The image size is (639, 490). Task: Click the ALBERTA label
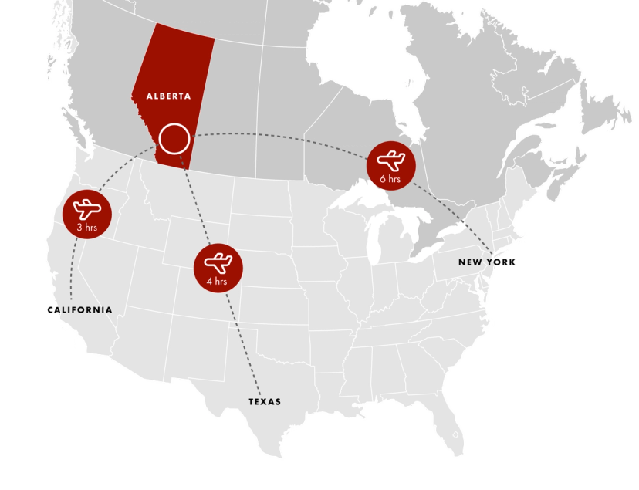(x=168, y=96)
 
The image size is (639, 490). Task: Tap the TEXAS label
(x=265, y=402)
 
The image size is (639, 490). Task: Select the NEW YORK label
(x=478, y=262)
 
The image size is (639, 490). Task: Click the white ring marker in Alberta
(x=174, y=139)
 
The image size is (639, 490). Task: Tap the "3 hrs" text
(x=86, y=228)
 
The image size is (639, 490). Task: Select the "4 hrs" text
(x=217, y=282)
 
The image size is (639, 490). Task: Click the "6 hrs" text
(x=390, y=179)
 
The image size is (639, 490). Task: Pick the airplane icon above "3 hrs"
(x=87, y=208)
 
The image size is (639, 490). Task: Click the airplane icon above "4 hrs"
(x=218, y=262)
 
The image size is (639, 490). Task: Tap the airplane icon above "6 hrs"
(x=391, y=161)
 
